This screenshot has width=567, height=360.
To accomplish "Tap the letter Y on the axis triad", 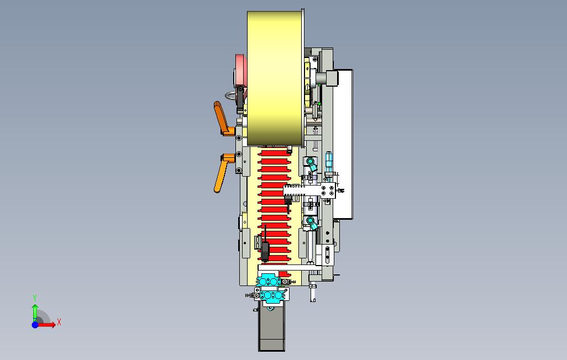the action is (35, 298).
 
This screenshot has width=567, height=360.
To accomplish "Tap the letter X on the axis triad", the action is (59, 322).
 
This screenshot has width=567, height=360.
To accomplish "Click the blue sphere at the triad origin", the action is (35, 325).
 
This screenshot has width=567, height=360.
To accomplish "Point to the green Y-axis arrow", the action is (35, 313).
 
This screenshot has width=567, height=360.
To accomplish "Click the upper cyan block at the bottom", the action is (269, 281).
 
